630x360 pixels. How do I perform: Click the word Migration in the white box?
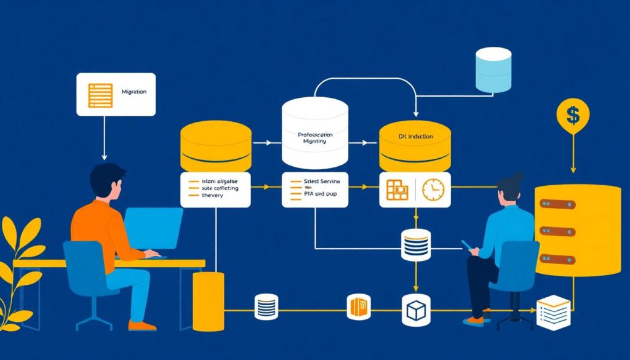[134, 92]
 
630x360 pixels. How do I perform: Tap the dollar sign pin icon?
[573, 115]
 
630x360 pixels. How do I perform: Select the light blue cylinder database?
[493, 70]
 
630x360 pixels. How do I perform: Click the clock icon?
[433, 190]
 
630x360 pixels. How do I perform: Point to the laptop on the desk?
[153, 228]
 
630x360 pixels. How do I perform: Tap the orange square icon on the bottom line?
[358, 306]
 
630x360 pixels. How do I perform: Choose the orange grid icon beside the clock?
[397, 190]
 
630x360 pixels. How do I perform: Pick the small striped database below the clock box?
[415, 245]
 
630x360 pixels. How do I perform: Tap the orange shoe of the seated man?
[142, 326]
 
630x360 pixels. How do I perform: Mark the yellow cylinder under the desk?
[208, 302]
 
